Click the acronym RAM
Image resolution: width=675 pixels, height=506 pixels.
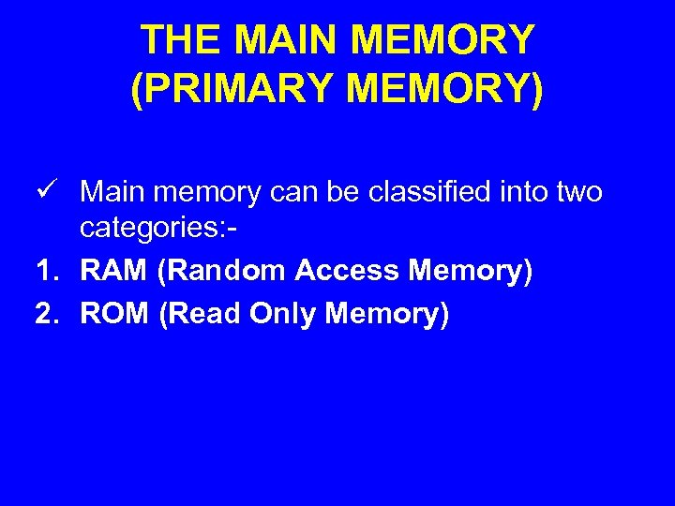[114, 271]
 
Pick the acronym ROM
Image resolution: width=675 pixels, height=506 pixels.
[114, 314]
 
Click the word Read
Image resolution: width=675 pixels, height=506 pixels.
[201, 314]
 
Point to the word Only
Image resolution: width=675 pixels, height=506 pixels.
[284, 314]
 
